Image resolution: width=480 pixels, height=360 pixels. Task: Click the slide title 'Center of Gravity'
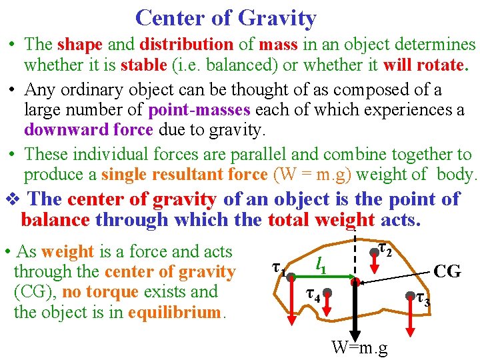coord(225,18)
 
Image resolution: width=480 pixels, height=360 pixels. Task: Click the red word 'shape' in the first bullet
coord(80,45)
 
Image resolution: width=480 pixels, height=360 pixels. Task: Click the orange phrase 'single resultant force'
coord(184,175)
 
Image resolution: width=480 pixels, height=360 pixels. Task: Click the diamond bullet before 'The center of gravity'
coord(14,199)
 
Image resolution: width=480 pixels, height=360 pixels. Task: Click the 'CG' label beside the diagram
coord(447,271)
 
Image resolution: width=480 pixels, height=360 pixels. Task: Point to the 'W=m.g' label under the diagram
coord(360,347)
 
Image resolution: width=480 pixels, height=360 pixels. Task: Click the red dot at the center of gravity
coord(356,283)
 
